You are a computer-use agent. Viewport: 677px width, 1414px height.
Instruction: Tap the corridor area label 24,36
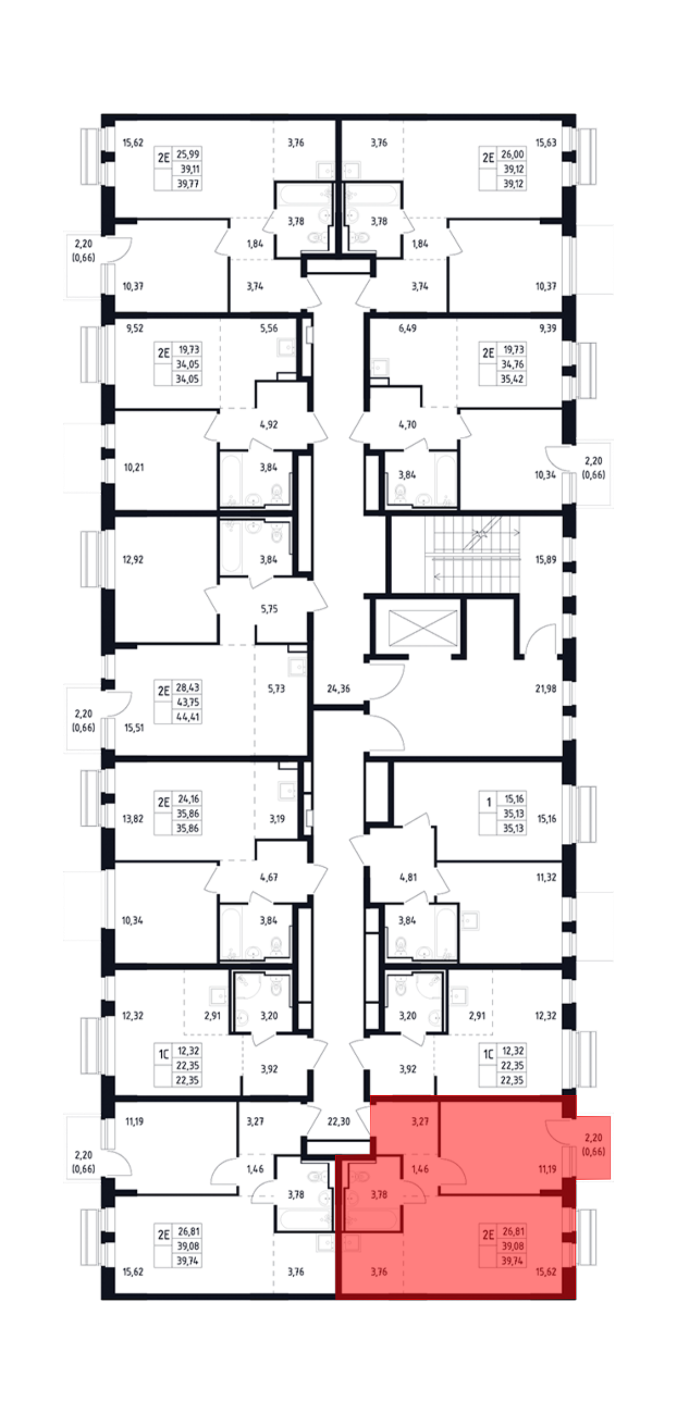[338, 688]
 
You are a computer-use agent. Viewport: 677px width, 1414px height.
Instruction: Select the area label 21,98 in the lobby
[546, 688]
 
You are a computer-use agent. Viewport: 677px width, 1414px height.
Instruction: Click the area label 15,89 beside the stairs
[546, 560]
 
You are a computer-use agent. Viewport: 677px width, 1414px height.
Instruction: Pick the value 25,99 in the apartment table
[188, 154]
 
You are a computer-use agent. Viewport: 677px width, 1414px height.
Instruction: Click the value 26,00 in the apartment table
[512, 154]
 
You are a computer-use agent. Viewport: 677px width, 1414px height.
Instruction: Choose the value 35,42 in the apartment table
[512, 379]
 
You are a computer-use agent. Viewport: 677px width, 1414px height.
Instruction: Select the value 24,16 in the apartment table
[188, 799]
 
